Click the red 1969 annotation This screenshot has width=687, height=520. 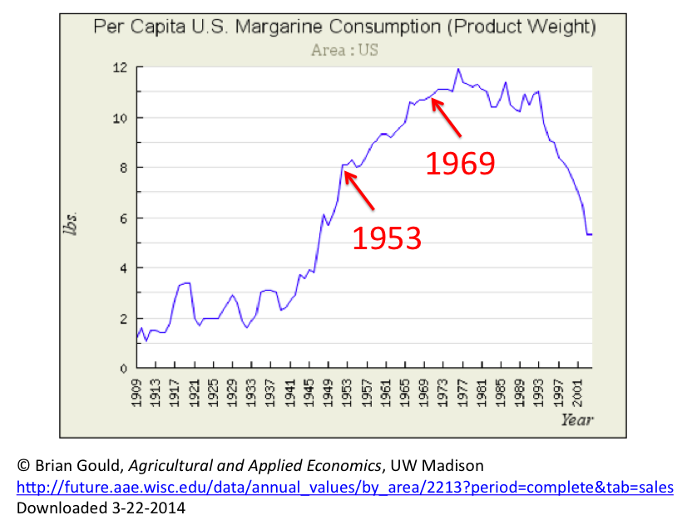pos(460,163)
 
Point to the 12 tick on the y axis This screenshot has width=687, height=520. pos(121,67)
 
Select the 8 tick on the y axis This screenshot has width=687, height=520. pos(123,168)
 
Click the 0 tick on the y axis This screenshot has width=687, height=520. pos(123,368)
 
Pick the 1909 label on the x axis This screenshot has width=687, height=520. pos(138,393)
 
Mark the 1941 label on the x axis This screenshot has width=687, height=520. pos(289,393)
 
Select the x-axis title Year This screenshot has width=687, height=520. pos(576,419)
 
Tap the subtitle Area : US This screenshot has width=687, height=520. pos(344,50)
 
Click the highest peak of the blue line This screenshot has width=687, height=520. pos(457,69)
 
